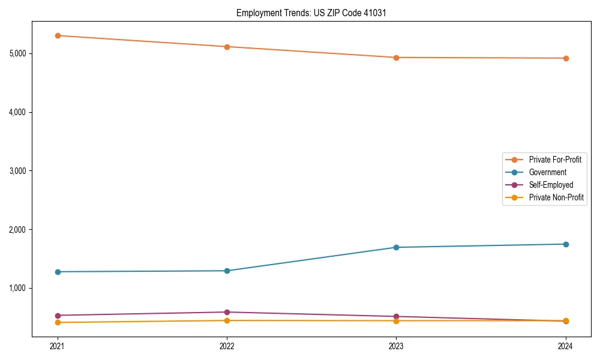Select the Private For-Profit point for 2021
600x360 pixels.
pyautogui.click(x=58, y=35)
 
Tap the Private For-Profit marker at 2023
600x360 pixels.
pyautogui.click(x=396, y=58)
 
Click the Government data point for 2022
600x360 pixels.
pyautogui.click(x=227, y=271)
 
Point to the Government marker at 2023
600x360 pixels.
pyautogui.click(x=396, y=247)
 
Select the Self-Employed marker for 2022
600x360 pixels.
pyautogui.click(x=227, y=312)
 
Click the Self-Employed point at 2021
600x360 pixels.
pyautogui.click(x=58, y=316)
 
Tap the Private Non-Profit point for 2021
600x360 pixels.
pyautogui.click(x=58, y=322)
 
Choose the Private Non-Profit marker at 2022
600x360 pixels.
pyautogui.click(x=227, y=320)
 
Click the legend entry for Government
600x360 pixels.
pyautogui.click(x=547, y=172)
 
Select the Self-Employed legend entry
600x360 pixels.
pyautogui.click(x=551, y=185)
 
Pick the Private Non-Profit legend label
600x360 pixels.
pyautogui.click(x=556, y=197)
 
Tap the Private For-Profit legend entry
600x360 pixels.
pyautogui.click(x=554, y=160)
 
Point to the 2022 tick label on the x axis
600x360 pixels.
pyautogui.click(x=227, y=346)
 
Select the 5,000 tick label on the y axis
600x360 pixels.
pyautogui.click(x=18, y=53)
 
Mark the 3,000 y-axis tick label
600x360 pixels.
pyautogui.click(x=18, y=171)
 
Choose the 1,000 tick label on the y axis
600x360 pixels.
pyautogui.click(x=18, y=288)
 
